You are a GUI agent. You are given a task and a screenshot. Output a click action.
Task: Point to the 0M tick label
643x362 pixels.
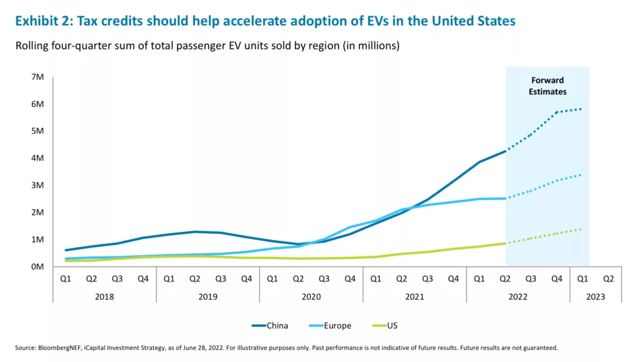pos(37,266)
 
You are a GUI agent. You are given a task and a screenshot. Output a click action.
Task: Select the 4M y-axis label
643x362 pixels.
pos(37,158)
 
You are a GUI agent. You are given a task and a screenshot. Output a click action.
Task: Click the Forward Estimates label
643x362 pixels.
pos(548,86)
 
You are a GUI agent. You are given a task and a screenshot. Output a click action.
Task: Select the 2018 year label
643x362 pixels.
pos(104,297)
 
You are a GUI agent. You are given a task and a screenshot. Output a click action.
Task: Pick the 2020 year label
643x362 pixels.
pos(311,297)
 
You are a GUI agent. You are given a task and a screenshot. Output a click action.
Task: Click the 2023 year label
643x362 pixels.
pos(595,297)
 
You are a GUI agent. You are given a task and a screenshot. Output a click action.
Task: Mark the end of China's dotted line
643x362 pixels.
pos(581,109)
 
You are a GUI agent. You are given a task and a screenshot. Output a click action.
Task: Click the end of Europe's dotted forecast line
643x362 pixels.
pos(581,175)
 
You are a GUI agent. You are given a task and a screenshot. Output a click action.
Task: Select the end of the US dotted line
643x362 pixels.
pos(581,229)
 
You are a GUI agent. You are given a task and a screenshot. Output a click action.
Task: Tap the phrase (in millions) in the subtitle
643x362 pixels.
pos(371,45)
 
